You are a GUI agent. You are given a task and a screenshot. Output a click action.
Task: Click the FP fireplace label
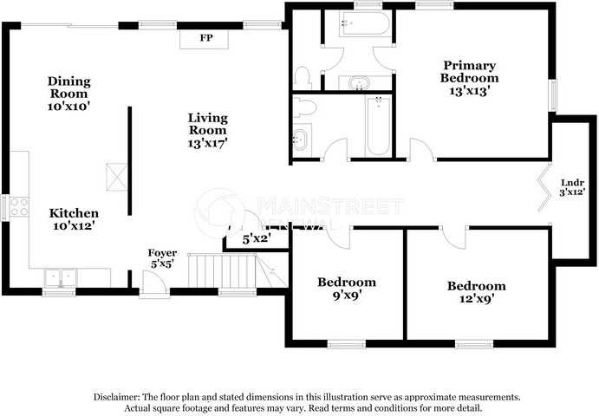(206, 39)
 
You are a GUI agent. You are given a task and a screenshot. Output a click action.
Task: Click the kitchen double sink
(61, 277)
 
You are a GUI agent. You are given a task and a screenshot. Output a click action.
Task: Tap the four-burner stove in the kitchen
(19, 208)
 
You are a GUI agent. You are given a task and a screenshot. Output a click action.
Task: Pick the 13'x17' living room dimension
(208, 143)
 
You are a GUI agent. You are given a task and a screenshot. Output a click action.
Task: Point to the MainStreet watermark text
(331, 206)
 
